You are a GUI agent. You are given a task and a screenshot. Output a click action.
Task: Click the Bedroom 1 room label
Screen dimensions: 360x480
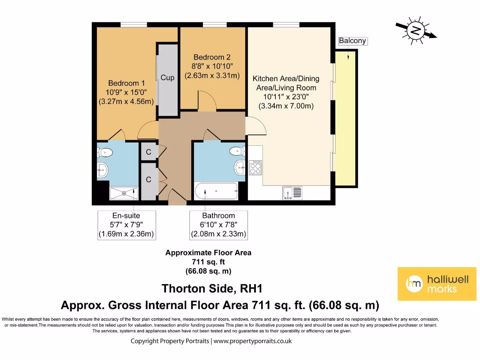coord(127,83)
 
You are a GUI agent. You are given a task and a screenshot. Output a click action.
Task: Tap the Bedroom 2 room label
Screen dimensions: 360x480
coord(212,57)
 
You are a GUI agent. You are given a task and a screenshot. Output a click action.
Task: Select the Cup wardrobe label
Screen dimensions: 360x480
coord(167,78)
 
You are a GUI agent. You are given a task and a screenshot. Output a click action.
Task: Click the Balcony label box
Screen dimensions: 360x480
coord(352,41)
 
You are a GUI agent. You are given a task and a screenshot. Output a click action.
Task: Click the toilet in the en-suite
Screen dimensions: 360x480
coord(105,152)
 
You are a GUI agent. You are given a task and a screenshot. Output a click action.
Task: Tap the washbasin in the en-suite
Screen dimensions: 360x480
coord(103,170)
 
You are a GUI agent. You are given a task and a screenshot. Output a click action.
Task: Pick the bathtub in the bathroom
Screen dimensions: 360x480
coord(216,191)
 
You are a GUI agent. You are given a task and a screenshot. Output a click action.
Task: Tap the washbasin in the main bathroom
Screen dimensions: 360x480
coord(240,166)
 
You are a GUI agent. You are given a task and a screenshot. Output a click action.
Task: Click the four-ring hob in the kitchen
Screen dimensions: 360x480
coord(256,168)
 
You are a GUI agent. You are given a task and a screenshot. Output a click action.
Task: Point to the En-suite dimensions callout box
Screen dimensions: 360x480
coord(126,225)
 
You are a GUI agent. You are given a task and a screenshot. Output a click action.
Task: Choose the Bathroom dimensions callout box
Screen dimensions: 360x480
coord(218,225)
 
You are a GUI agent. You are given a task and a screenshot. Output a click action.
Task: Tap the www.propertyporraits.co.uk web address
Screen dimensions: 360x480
coord(253,341)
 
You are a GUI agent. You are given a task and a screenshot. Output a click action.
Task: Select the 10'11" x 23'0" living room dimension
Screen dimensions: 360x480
coord(286,97)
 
